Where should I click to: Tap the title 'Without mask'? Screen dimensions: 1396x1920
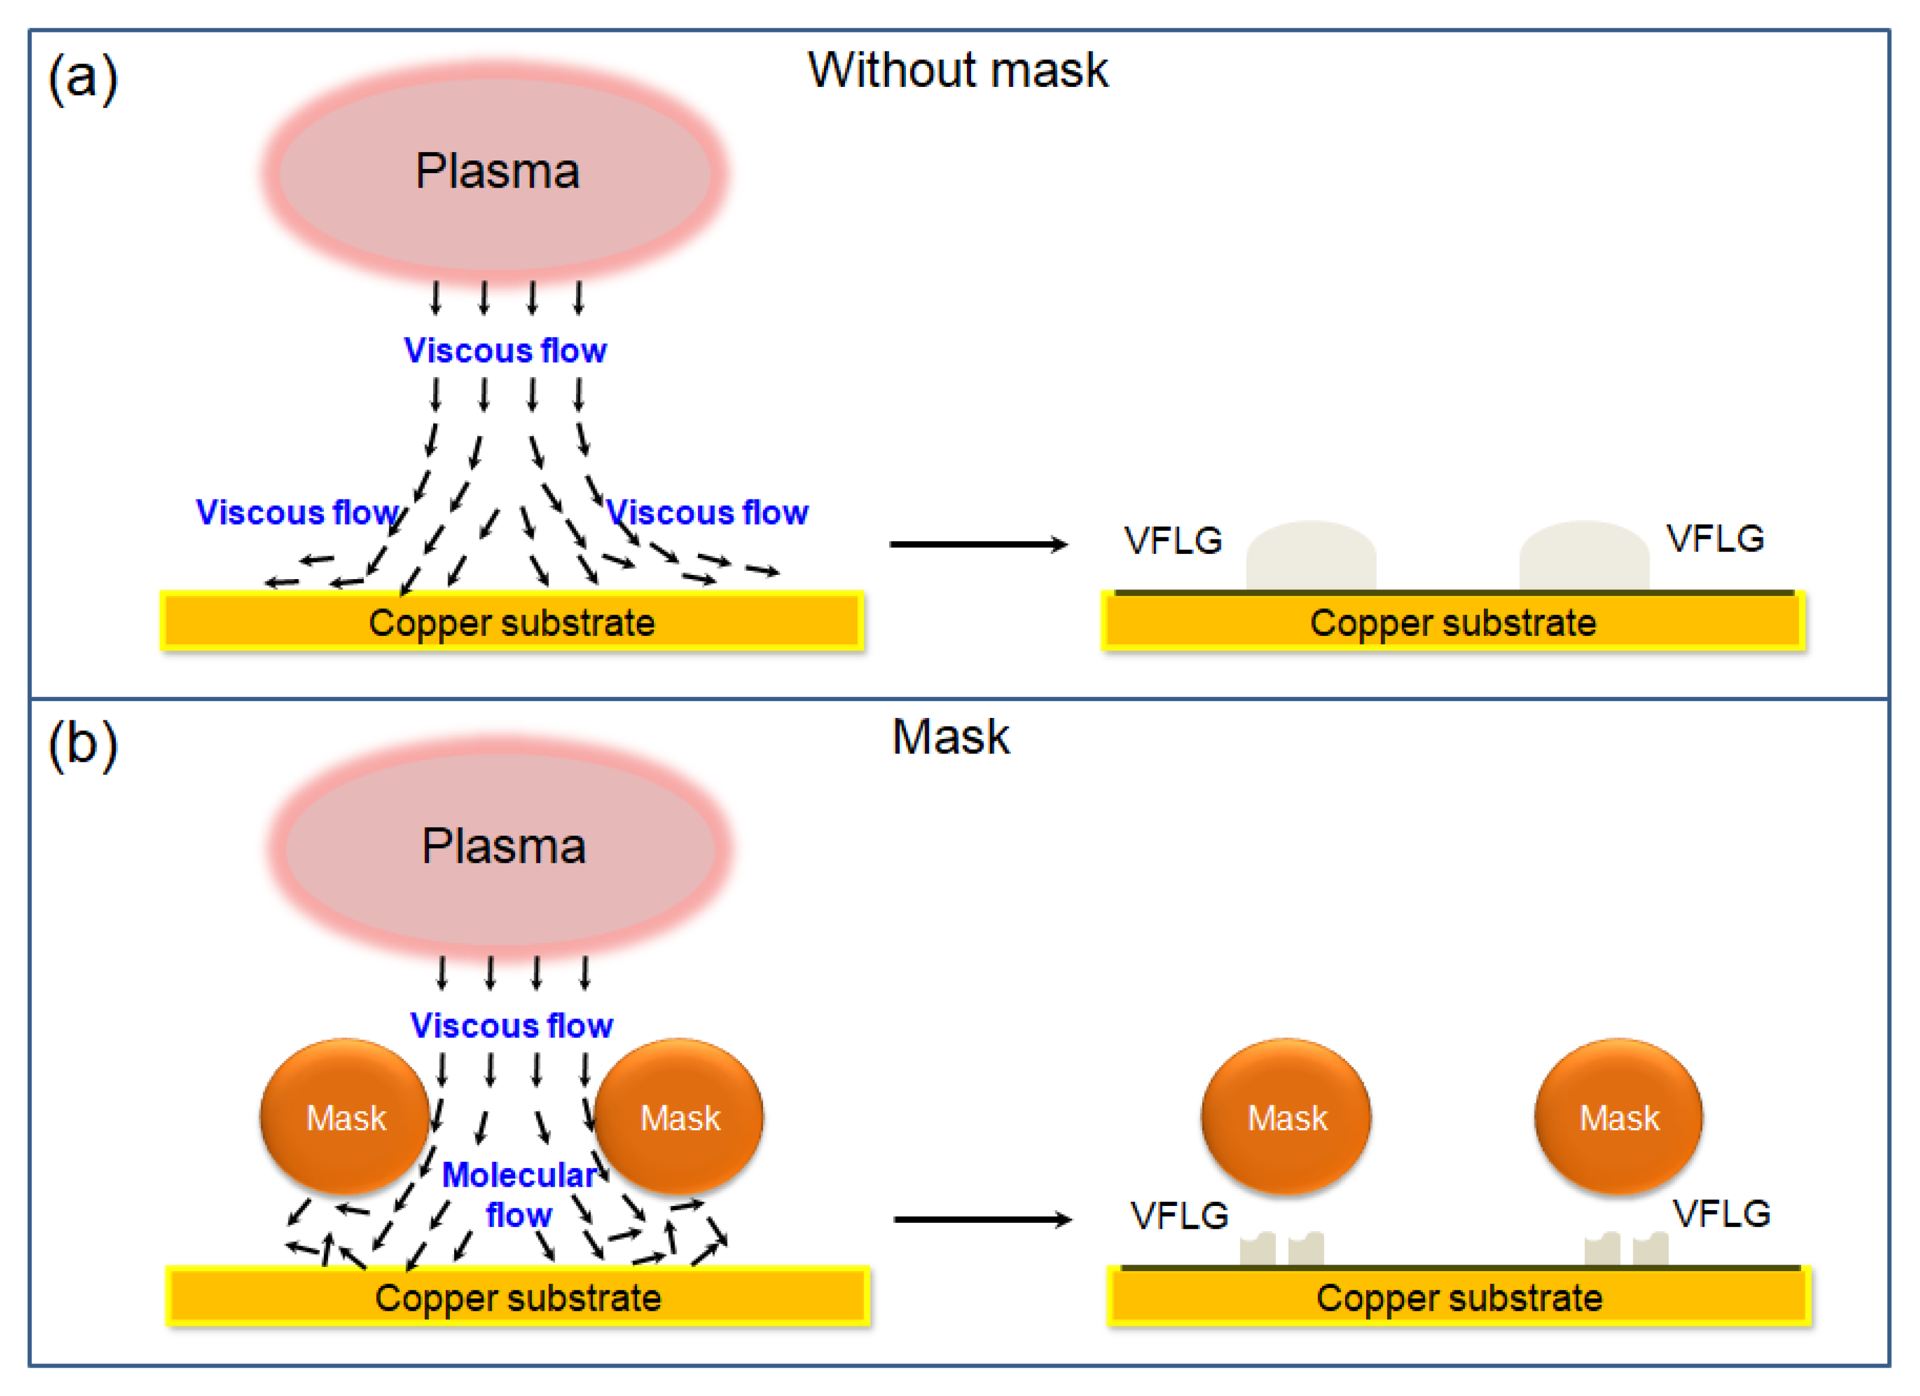click(957, 69)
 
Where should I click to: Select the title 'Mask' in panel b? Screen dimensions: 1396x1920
click(951, 737)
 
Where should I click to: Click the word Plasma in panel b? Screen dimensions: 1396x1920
click(504, 846)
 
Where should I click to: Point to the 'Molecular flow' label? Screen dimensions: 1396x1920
click(519, 1194)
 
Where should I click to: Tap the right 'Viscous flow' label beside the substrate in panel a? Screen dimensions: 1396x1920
click(708, 512)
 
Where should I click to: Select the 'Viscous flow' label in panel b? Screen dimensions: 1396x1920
click(512, 1025)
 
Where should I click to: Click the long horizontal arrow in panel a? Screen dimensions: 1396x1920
click(978, 544)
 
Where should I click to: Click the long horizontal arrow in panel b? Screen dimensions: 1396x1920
click(982, 1219)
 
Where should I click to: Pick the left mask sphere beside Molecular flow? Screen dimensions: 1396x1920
click(346, 1117)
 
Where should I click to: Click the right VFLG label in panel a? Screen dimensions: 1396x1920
click(1715, 538)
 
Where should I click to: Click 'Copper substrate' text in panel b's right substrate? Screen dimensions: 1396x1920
click(1459, 1298)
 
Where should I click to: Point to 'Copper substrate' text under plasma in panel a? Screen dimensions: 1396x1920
click(512, 623)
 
